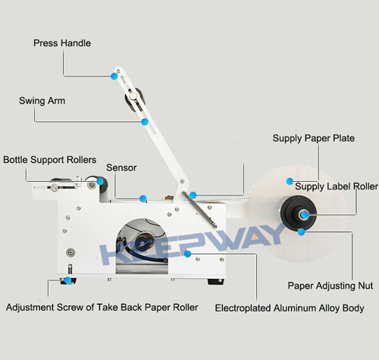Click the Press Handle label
(x=62, y=43)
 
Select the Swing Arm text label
(x=42, y=101)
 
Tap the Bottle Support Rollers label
(x=50, y=160)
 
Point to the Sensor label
(x=121, y=167)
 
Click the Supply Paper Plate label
(x=313, y=139)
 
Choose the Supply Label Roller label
(x=337, y=186)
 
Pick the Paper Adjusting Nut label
(x=330, y=286)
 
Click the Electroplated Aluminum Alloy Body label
(x=290, y=308)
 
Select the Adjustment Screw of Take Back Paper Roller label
(x=102, y=308)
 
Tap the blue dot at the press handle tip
(x=114, y=76)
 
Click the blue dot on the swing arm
(x=145, y=122)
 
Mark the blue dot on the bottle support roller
(x=100, y=181)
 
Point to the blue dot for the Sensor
(x=143, y=199)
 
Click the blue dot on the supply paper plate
(x=290, y=181)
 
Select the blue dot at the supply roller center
(x=305, y=215)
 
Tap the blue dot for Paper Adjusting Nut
(x=301, y=232)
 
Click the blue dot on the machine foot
(x=67, y=280)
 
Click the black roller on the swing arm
(x=135, y=99)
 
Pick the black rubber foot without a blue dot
(x=215, y=282)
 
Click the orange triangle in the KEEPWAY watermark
(x=255, y=237)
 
